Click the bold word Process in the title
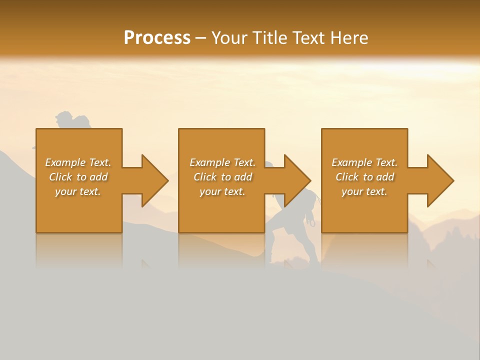pyautogui.click(x=157, y=38)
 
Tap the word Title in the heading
pyautogui.click(x=270, y=38)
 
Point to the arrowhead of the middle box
pyautogui.click(x=297, y=180)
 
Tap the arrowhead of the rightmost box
pyautogui.click(x=440, y=180)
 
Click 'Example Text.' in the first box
pyautogui.click(x=78, y=162)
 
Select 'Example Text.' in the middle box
pyautogui.click(x=222, y=162)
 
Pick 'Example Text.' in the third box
pyautogui.click(x=364, y=162)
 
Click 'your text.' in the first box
pyautogui.click(x=78, y=191)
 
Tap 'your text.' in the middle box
pyautogui.click(x=222, y=191)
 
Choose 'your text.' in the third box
pyautogui.click(x=364, y=191)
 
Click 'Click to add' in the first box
pyautogui.click(x=78, y=177)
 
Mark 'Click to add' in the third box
pyautogui.click(x=364, y=177)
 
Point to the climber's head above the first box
pyautogui.click(x=64, y=118)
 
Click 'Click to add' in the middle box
pyautogui.click(x=222, y=177)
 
